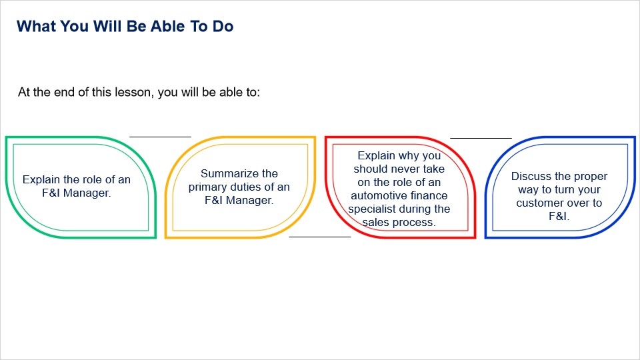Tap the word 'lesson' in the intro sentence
point(133,92)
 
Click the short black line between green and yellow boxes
point(161,137)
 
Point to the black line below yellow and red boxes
point(320,237)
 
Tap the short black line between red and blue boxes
point(481,138)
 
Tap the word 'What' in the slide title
point(32,26)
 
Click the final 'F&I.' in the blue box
point(559,216)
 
